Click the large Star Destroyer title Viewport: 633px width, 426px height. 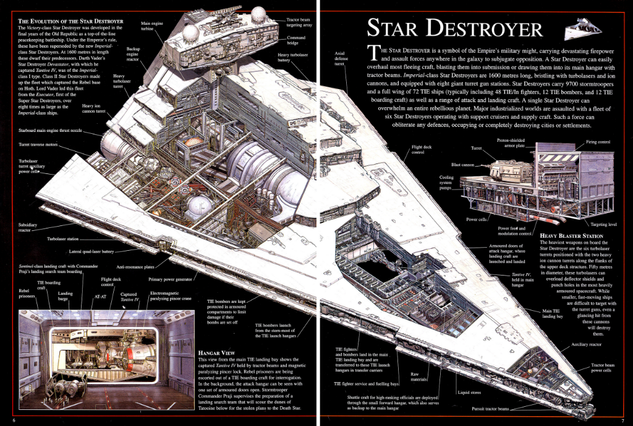point(454,28)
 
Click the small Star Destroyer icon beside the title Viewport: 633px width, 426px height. point(582,29)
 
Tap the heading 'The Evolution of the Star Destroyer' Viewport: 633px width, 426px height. point(70,21)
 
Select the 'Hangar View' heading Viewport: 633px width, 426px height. point(217,353)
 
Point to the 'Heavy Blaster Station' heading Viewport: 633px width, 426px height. point(571,236)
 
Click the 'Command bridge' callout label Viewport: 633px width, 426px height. point(296,40)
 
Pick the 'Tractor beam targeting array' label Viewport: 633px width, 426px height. point(299,22)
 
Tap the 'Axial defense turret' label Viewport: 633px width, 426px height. point(341,59)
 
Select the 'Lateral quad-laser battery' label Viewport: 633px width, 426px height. point(91,251)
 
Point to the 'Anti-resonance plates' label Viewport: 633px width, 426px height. point(135,267)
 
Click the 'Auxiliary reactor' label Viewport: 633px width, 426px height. point(586,344)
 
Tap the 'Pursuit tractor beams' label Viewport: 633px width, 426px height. point(490,409)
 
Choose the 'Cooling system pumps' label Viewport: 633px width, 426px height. point(446,182)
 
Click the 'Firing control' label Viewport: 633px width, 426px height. point(598,142)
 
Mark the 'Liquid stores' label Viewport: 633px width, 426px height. point(469,392)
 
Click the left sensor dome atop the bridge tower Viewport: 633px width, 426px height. point(190,33)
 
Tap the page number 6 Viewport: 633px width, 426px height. point(14,420)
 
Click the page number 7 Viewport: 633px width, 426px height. point(623,420)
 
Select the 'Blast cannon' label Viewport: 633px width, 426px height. point(462,165)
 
